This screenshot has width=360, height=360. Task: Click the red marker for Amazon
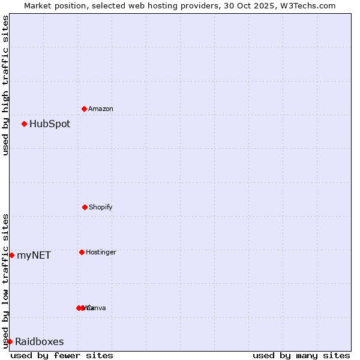click(x=85, y=109)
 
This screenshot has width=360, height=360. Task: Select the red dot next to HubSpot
click(x=25, y=124)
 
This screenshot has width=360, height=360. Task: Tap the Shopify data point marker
click(x=85, y=207)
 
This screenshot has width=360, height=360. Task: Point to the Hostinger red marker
click(x=82, y=252)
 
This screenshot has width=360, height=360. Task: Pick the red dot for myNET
click(x=12, y=255)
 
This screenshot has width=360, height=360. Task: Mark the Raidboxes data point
click(x=10, y=341)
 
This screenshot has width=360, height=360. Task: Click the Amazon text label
click(x=101, y=109)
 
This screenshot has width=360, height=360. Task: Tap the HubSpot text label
click(x=50, y=124)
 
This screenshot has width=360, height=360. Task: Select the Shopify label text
click(x=101, y=208)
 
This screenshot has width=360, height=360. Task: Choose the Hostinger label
click(x=101, y=253)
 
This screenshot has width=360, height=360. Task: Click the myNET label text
click(x=34, y=256)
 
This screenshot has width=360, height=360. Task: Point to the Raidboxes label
click(x=40, y=342)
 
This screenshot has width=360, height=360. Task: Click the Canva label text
click(x=96, y=308)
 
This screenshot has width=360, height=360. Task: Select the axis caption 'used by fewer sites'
click(x=62, y=356)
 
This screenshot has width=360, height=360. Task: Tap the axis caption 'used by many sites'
click(x=301, y=356)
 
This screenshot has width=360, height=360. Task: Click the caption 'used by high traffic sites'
click(x=5, y=85)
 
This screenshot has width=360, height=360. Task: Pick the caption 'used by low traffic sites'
click(x=5, y=281)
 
